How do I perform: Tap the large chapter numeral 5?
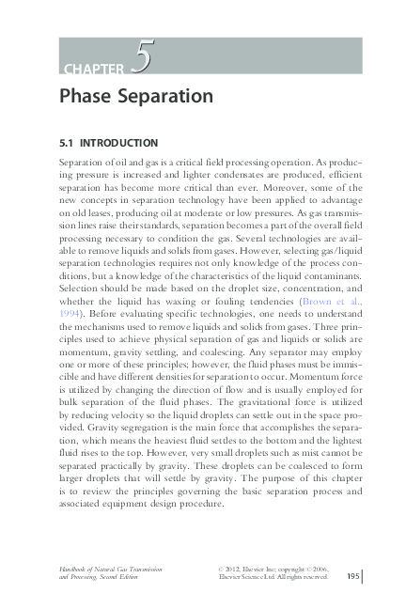(142, 59)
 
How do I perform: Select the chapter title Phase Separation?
(136, 97)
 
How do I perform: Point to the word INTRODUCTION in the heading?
(118, 143)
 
